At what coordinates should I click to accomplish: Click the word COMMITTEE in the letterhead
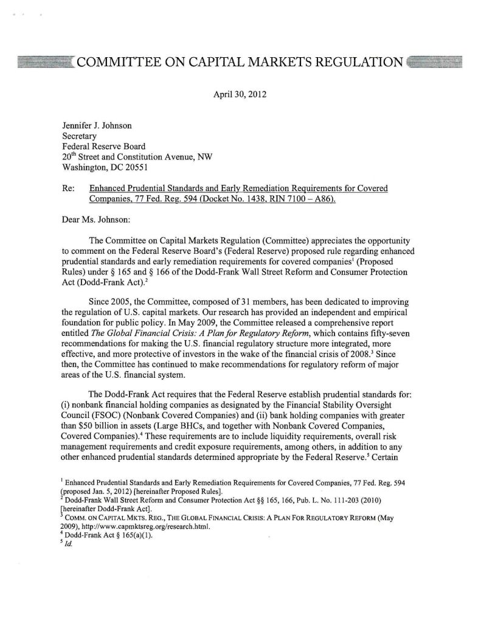119,61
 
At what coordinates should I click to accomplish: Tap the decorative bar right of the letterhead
436,61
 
